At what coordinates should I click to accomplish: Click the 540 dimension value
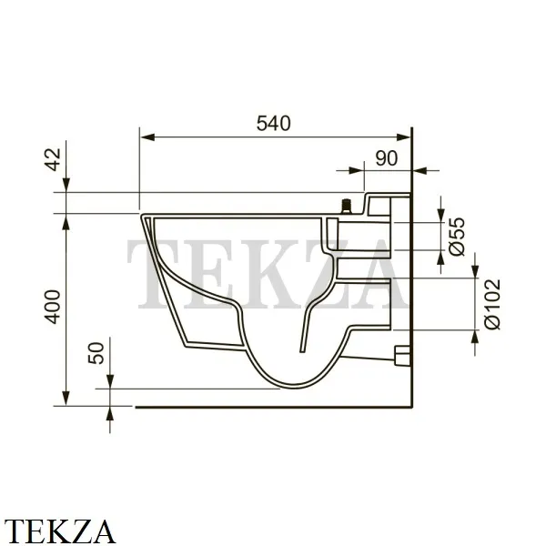tap(273, 123)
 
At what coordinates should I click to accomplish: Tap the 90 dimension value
tap(387, 158)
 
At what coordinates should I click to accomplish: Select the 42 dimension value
tap(54, 159)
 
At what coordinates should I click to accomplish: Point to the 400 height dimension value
tap(54, 307)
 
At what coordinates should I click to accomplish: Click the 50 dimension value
tap(96, 353)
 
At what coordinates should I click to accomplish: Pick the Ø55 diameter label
tap(457, 237)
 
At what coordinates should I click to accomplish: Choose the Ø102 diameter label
tap(492, 304)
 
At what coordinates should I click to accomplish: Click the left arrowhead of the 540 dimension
tap(147, 137)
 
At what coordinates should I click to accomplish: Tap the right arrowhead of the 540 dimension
tap(403, 137)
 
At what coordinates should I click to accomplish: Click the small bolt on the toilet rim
tap(346, 207)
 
